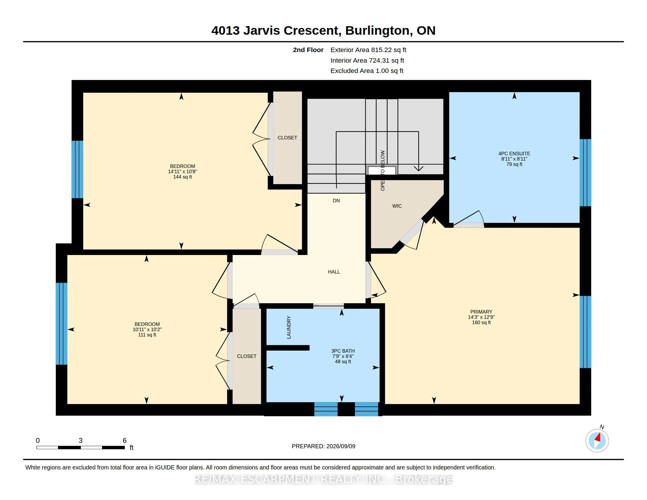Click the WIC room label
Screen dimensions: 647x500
397,206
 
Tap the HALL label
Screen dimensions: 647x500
334,272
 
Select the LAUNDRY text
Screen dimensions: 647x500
289,327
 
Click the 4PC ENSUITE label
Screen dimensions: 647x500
514,154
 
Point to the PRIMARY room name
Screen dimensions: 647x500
481,311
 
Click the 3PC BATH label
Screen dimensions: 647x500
343,351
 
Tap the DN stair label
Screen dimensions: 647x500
336,201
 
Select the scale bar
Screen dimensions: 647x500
81,448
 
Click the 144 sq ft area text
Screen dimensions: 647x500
183,177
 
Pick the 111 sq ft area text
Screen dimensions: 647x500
147,335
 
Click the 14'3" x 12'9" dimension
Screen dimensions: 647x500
481,317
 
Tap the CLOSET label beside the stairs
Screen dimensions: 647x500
287,138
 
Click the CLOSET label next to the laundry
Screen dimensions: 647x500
246,356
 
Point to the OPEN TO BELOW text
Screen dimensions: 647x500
382,170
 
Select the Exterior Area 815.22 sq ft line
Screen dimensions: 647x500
368,50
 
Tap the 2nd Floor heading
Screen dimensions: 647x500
308,50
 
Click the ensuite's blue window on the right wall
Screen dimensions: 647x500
585,173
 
